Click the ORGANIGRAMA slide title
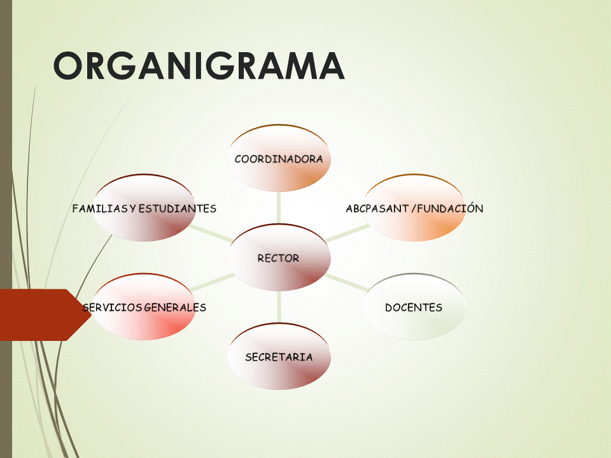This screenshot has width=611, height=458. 199,66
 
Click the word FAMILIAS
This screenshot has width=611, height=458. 99,209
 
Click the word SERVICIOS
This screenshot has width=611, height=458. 112,307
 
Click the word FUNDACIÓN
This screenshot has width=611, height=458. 451,208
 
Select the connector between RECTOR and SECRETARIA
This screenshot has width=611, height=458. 279,308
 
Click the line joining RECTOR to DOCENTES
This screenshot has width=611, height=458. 347,284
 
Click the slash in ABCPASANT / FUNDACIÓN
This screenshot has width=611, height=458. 412,208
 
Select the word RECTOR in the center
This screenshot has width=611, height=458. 278,258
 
